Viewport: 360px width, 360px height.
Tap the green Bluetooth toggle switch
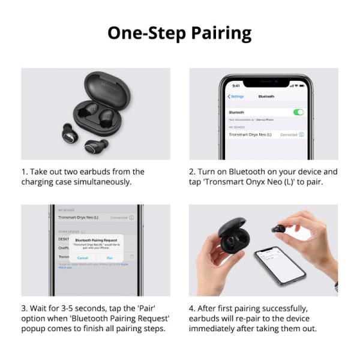pos(298,112)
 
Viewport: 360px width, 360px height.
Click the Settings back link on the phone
pos(236,97)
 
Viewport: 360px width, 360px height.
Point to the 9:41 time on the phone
pos(236,86)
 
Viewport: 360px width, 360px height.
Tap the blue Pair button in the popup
pos(110,257)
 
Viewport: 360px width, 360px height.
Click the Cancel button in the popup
pos(82,257)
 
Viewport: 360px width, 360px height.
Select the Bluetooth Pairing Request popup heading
pos(96,239)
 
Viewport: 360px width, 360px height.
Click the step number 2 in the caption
pos(192,172)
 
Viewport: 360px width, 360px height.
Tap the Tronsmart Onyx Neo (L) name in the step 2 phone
pos(250,134)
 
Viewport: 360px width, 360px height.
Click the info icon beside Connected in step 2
pos(301,134)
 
